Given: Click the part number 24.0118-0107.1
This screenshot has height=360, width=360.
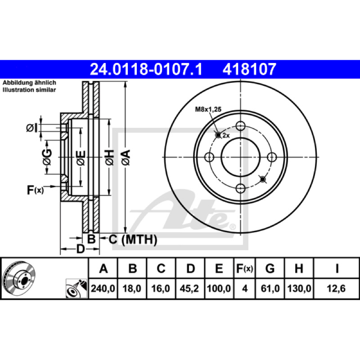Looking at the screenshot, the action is click(x=146, y=69).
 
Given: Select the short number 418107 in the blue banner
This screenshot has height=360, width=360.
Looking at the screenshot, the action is click(x=249, y=69).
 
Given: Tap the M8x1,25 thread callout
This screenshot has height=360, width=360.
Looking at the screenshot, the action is click(x=208, y=109).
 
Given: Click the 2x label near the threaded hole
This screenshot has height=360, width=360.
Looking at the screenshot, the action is click(x=226, y=136).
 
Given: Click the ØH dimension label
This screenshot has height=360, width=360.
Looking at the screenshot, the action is click(x=109, y=157).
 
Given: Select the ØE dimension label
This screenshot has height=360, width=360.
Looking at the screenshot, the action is click(x=81, y=158).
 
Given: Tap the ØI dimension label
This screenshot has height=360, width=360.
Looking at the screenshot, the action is click(x=31, y=128).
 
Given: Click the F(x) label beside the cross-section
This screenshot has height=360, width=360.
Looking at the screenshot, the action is click(x=35, y=190).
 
